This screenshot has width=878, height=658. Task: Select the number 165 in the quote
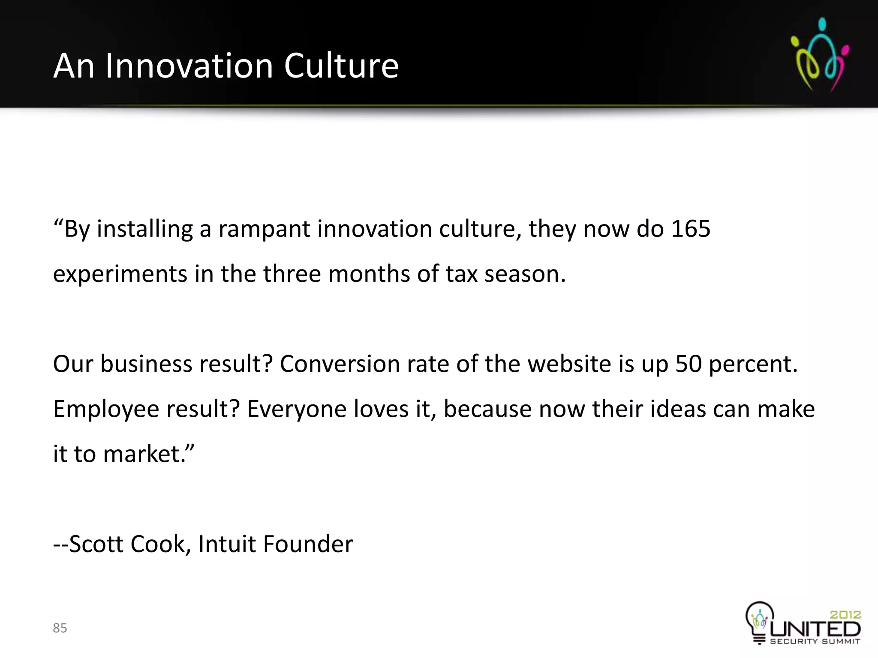(691, 229)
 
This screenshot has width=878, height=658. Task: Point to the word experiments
(120, 274)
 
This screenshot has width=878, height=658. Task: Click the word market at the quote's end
(141, 454)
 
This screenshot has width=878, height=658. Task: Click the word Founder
(308, 544)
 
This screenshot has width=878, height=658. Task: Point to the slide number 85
(60, 628)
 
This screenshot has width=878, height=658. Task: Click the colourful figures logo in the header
(820, 54)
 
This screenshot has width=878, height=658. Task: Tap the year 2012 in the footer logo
(845, 615)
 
